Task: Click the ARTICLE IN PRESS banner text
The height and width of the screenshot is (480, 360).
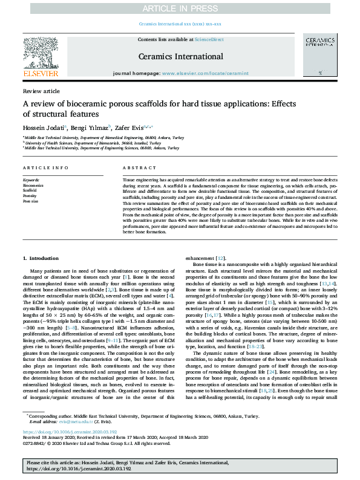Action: (x=180, y=8)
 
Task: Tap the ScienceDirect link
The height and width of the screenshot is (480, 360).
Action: (x=209, y=39)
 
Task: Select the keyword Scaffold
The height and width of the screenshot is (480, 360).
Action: (x=30, y=190)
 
